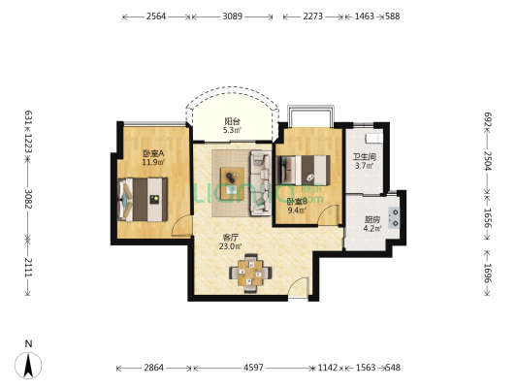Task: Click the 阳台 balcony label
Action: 232,121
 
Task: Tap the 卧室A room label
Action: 153,153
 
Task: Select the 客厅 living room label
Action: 231,238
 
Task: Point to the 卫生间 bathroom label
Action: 365,157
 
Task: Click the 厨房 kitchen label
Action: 372,219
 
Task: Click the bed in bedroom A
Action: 143,200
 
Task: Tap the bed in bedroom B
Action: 304,170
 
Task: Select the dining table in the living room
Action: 250,273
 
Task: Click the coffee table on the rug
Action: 233,183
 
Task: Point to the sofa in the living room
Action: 261,183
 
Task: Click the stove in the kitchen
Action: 394,217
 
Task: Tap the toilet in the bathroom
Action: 373,139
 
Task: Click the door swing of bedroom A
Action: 180,226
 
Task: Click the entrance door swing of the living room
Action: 299,288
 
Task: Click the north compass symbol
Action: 28,366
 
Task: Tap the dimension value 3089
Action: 233,16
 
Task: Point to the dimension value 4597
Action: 253,368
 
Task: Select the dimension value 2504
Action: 488,161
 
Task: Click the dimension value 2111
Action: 28,267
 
